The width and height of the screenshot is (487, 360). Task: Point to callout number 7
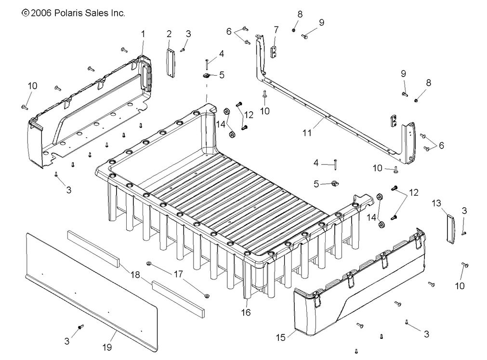tap(276, 30)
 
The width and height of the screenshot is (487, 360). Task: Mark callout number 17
tap(178, 274)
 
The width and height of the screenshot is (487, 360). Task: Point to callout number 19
tap(107, 347)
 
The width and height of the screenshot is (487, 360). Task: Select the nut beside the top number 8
tap(293, 30)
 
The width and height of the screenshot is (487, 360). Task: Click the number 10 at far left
tap(32, 86)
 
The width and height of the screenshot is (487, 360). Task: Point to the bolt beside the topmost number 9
tap(304, 36)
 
